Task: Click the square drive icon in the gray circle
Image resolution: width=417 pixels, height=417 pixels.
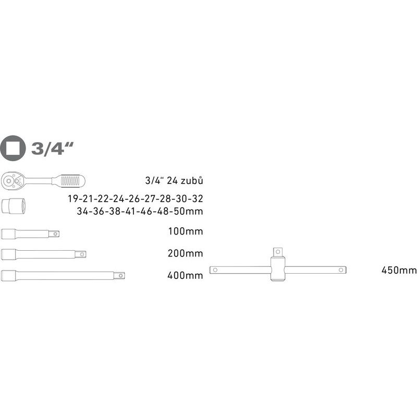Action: (x=14, y=149)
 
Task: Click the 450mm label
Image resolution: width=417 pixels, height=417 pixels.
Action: (x=399, y=270)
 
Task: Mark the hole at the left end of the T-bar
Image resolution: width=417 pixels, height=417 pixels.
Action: (x=213, y=270)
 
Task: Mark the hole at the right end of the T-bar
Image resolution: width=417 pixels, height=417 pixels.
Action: (x=341, y=270)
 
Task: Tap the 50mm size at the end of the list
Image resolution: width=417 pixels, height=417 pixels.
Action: (x=188, y=211)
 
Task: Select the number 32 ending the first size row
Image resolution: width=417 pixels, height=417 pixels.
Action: (x=197, y=199)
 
